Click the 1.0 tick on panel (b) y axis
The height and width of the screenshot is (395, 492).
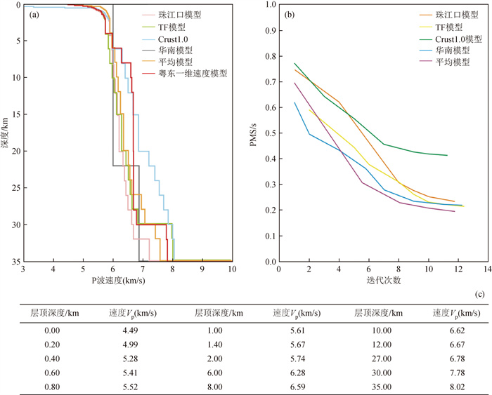click(271, 6)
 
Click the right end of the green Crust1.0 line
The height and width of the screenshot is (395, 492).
click(448, 155)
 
